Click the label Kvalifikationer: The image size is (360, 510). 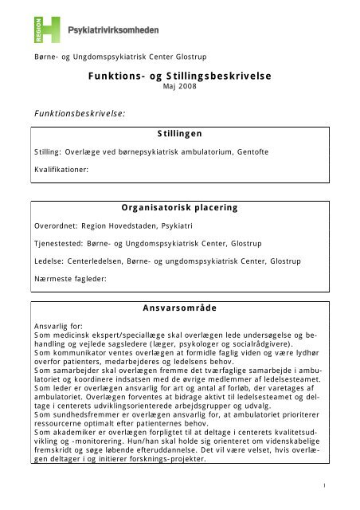pos(61,169)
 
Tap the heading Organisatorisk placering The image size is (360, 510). pos(179,207)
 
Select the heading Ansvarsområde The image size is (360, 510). pos(179,306)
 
